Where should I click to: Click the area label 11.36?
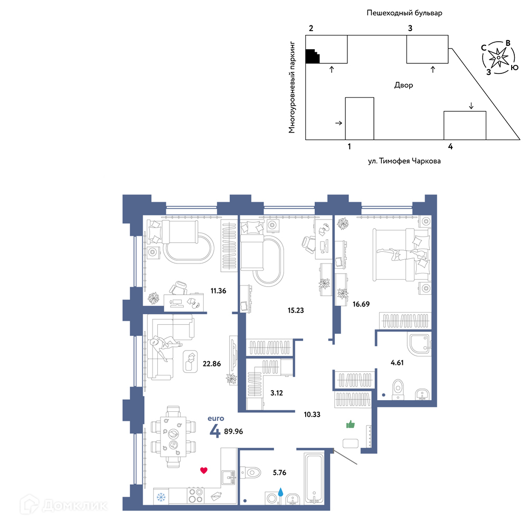218,291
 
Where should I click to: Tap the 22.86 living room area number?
212,364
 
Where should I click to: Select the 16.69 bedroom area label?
361,304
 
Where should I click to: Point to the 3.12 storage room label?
277,393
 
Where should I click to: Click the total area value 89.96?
233,431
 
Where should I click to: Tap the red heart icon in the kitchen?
204,470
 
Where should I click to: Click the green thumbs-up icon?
351,425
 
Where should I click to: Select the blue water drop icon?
280,492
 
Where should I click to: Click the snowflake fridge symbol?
161,497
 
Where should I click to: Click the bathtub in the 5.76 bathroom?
314,478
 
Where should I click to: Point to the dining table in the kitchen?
173,437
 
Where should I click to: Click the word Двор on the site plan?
403,85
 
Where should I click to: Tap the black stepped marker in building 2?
312,56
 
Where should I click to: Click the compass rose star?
498,57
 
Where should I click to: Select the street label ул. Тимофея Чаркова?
404,161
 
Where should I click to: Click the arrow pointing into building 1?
339,123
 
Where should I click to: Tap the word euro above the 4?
216,419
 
